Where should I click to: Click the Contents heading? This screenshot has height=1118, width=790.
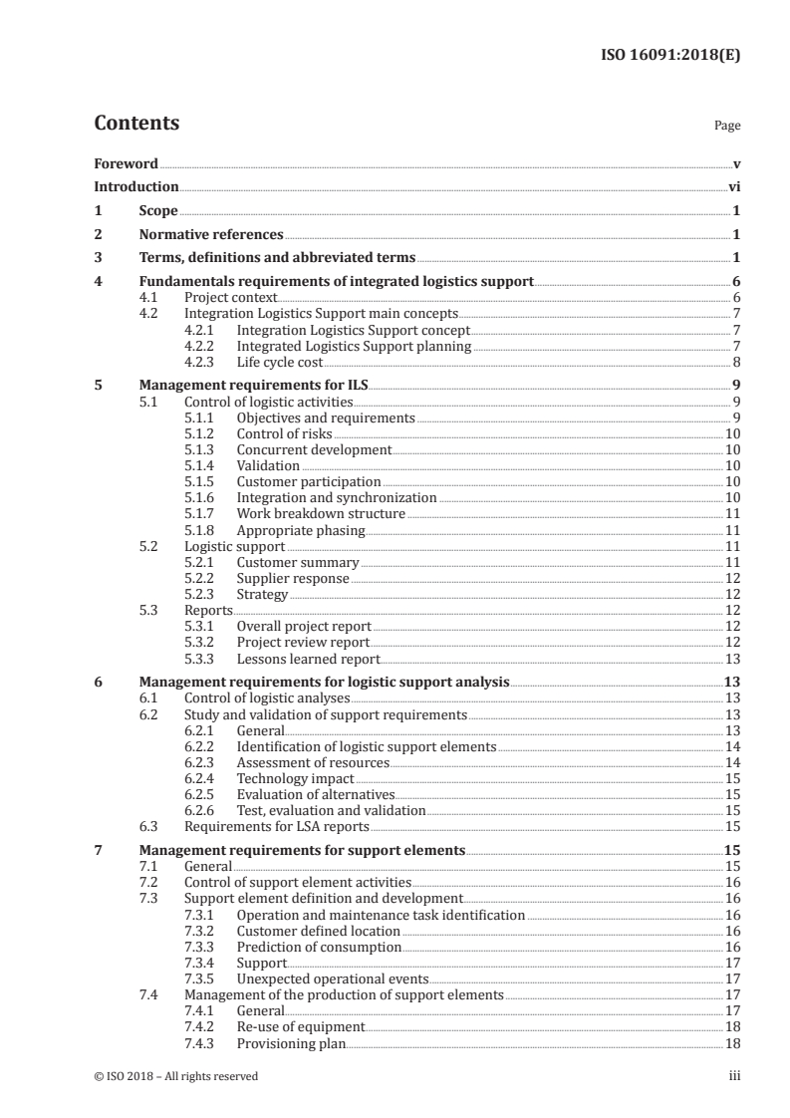tap(136, 124)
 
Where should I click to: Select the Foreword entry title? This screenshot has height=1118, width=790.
tap(126, 163)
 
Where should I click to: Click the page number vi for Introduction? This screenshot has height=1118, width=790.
tap(733, 186)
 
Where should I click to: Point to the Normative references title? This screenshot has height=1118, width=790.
tap(211, 235)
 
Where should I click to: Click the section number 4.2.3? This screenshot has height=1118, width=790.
tap(204, 362)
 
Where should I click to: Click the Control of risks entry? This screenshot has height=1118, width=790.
tap(284, 434)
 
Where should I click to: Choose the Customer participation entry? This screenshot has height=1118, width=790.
tap(309, 481)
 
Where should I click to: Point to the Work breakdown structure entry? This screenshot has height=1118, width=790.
tap(321, 513)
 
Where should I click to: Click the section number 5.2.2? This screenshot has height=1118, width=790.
tap(204, 578)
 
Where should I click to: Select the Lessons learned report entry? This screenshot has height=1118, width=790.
tap(308, 659)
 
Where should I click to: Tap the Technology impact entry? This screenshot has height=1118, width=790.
tap(295, 778)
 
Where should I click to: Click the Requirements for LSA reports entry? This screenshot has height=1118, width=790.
tap(276, 826)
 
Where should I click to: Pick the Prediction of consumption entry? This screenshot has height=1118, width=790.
tap(319, 947)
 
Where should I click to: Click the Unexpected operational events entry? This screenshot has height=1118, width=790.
tap(333, 978)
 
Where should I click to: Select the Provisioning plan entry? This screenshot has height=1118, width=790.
tap(291, 1043)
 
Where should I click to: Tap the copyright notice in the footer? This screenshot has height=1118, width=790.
tap(176, 1076)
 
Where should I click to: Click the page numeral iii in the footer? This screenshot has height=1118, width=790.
tap(733, 1076)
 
